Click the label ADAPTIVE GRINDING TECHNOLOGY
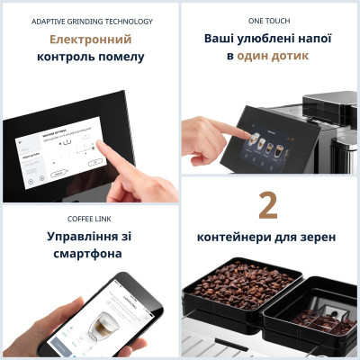(x=92, y=21)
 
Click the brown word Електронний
(x=90, y=40)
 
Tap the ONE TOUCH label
(x=269, y=21)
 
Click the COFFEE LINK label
(x=92, y=218)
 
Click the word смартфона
(x=92, y=254)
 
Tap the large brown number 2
(x=268, y=205)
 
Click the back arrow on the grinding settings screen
(x=21, y=142)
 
